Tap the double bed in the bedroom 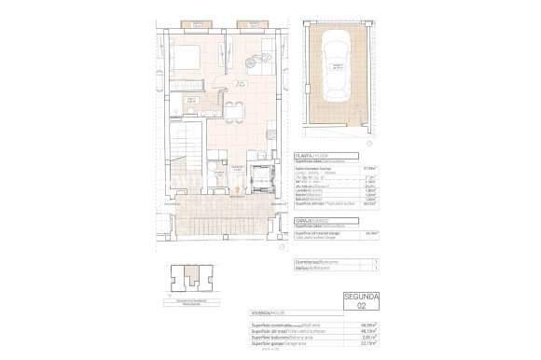click(x=187, y=57)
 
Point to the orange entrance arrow click(x=237, y=190)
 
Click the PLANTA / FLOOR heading click(x=309, y=156)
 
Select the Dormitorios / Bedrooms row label click(x=313, y=263)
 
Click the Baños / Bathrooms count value click(x=374, y=270)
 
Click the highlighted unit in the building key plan click(x=194, y=275)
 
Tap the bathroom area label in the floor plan click(x=218, y=172)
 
